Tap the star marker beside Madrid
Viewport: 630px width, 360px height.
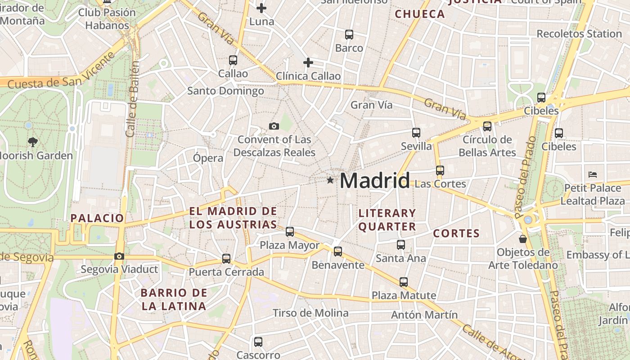pyautogui.click(x=330, y=180)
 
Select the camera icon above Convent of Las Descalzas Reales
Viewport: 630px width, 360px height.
pyautogui.click(x=274, y=126)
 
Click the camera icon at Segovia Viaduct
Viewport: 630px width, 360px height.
pyautogui.click(x=119, y=256)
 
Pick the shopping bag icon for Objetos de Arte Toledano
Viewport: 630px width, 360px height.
pyautogui.click(x=522, y=238)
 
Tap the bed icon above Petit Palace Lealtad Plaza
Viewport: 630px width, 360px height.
pyautogui.click(x=592, y=174)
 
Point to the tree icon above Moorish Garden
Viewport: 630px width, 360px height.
pyautogui.click(x=32, y=142)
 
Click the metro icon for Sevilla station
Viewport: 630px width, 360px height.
pyautogui.click(x=416, y=133)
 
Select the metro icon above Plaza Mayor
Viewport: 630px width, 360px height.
pyautogui.click(x=290, y=232)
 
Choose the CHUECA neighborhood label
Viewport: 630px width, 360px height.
pyautogui.click(x=419, y=14)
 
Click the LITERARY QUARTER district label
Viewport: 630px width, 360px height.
pyautogui.click(x=387, y=220)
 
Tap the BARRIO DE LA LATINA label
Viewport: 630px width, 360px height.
pyautogui.click(x=174, y=300)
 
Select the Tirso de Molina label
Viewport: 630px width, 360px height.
pyautogui.click(x=310, y=313)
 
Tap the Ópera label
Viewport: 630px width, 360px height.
pyautogui.click(x=208, y=158)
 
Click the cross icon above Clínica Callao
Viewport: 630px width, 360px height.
pyautogui.click(x=308, y=62)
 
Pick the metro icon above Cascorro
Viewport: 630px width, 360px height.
pyautogui.click(x=258, y=342)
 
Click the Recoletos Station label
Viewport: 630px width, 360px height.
pyautogui.click(x=579, y=34)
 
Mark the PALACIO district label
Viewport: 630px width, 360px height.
pyautogui.click(x=97, y=218)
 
